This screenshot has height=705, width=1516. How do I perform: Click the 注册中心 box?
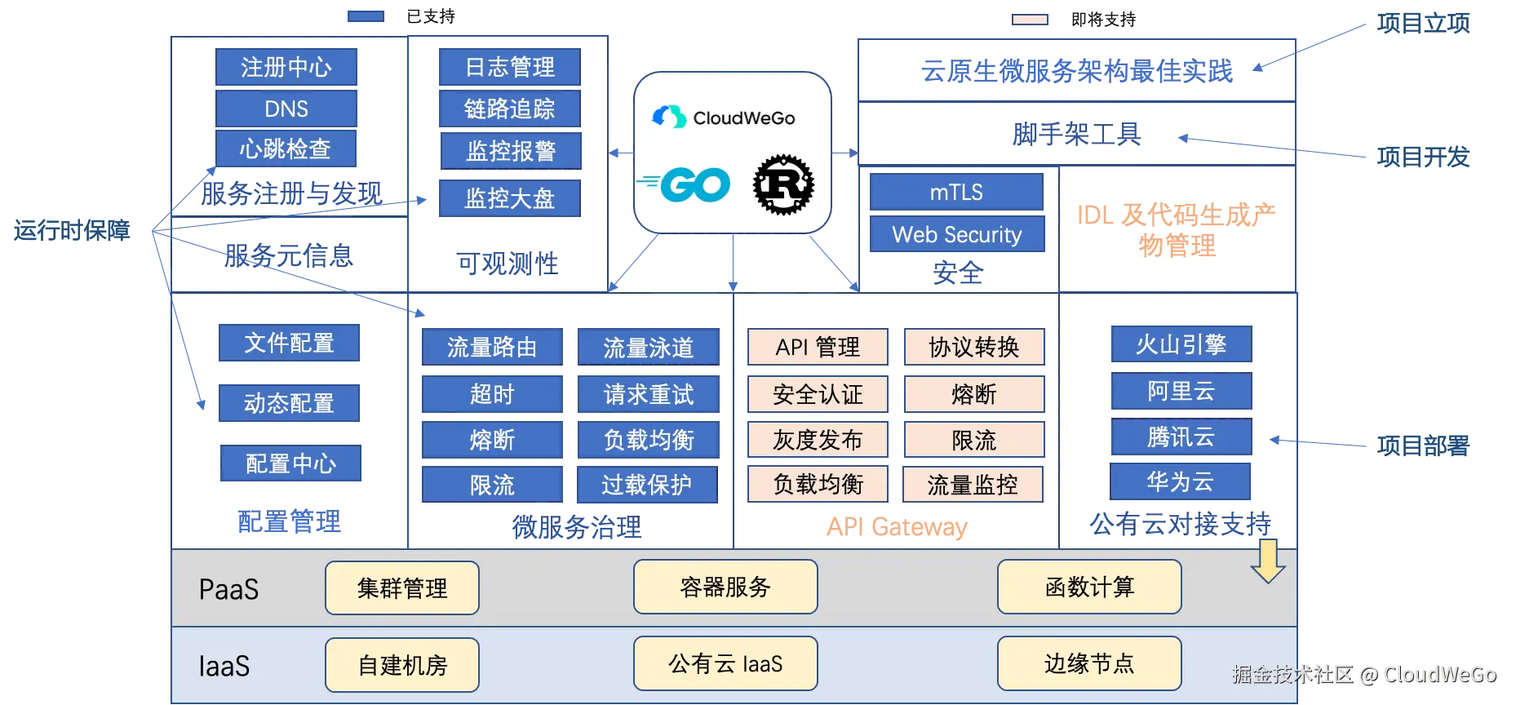(x=286, y=66)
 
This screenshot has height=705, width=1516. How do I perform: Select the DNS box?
(x=286, y=109)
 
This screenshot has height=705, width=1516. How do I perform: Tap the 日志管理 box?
(x=509, y=66)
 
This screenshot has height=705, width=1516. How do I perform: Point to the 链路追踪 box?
(x=509, y=109)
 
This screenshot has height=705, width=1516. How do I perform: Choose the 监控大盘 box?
(x=509, y=198)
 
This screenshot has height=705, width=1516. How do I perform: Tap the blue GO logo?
(x=684, y=184)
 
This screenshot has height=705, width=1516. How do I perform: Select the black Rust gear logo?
(x=783, y=186)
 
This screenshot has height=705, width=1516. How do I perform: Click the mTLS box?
(x=956, y=193)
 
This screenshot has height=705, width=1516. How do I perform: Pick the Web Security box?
(x=956, y=235)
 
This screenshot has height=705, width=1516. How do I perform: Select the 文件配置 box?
(x=290, y=343)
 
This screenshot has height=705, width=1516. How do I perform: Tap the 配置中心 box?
(x=290, y=463)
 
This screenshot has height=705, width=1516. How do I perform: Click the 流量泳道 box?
(x=649, y=348)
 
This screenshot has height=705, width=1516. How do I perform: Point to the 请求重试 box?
(x=649, y=395)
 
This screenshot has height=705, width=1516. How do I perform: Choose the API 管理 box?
(x=818, y=348)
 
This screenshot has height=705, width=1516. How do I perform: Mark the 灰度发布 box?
(x=818, y=441)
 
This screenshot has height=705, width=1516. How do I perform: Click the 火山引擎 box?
(x=1181, y=344)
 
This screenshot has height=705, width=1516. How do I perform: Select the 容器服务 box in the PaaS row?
(x=725, y=587)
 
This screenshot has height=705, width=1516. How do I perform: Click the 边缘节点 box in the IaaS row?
(x=1089, y=663)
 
